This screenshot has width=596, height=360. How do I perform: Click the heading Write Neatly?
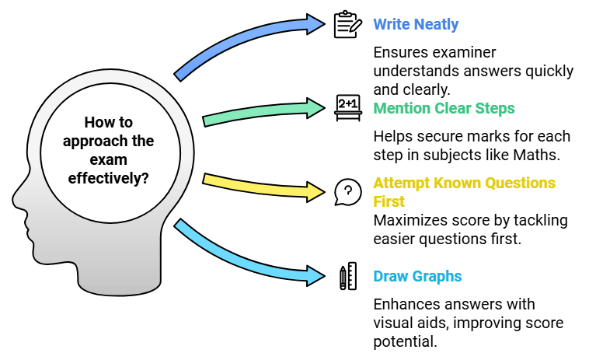(415, 24)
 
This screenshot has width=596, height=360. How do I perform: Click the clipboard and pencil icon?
(347, 24)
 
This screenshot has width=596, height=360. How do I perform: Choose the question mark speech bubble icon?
(347, 191)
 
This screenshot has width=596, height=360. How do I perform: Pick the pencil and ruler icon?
(347, 277)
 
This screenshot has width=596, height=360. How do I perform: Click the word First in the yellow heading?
(389, 201)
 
